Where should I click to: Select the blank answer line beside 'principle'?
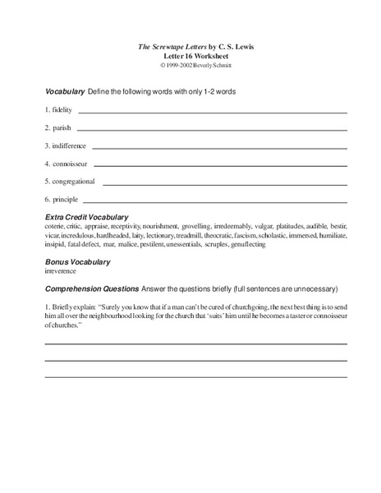213,202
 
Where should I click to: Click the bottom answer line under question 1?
195,376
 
